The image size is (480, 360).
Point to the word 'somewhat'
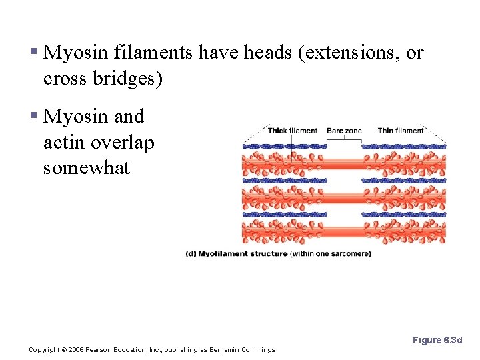pos(86,167)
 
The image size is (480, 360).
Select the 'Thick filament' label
pos(293,131)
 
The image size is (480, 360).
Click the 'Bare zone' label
pos(344,131)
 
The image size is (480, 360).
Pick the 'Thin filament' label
pos(401,131)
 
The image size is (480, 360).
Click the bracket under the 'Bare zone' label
pos(344,137)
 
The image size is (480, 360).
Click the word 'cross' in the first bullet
pos(64,78)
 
